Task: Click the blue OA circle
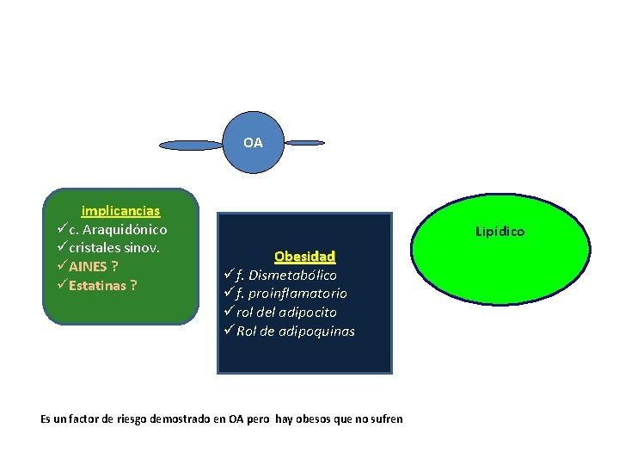click(x=253, y=142)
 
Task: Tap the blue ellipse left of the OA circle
click(x=191, y=145)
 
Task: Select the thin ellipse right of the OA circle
click(x=305, y=142)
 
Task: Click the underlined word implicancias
click(x=120, y=211)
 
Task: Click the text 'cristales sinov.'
click(x=115, y=248)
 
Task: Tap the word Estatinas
click(x=97, y=285)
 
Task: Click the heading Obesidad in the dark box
click(x=304, y=257)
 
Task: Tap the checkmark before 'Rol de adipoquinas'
click(x=228, y=332)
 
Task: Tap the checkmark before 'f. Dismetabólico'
click(x=228, y=276)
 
